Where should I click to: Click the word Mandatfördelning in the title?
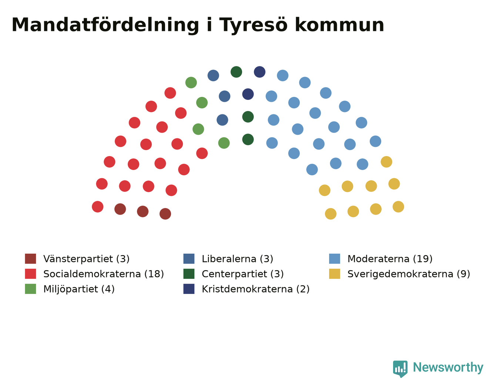click(105, 25)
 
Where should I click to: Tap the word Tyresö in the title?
click(253, 25)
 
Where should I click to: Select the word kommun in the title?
click(340, 25)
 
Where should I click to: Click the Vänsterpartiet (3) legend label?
click(86, 259)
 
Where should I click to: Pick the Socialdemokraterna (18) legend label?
click(104, 274)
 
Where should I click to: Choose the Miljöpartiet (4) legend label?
click(79, 289)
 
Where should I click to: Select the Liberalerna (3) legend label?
click(237, 259)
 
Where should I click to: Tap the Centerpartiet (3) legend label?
click(243, 274)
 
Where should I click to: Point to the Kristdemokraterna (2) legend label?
click(256, 289)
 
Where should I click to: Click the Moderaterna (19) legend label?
click(390, 259)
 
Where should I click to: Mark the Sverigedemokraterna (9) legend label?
click(409, 274)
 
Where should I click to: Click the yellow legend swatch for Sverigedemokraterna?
click(334, 274)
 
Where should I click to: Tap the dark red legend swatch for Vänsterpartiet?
click(30, 259)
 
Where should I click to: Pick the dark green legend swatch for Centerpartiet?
click(189, 274)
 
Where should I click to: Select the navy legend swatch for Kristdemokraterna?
click(189, 289)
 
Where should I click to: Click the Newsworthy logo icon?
click(400, 369)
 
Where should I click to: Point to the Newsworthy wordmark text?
click(448, 368)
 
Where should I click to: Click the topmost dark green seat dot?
click(236, 72)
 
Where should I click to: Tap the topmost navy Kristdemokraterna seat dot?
click(259, 72)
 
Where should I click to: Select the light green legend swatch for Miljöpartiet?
click(30, 289)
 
